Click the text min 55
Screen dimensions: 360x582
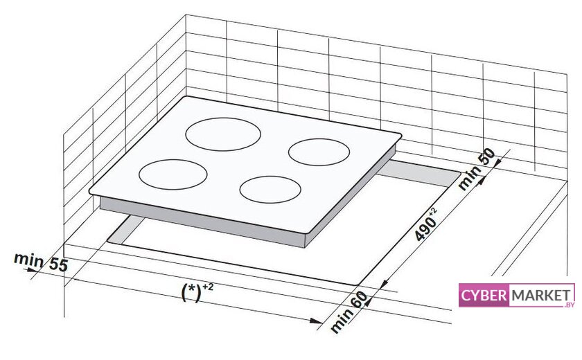point(39,262)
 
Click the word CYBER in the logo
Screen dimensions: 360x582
point(485,296)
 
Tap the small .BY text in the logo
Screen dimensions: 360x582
point(569,305)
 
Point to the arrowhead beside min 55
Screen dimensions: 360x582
point(32,269)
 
